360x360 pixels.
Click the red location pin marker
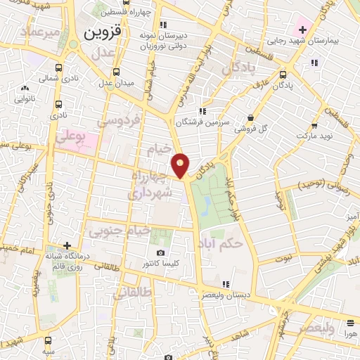pos(181,165)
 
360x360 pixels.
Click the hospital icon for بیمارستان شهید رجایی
pos(302,30)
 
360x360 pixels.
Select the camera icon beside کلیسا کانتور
pos(161,252)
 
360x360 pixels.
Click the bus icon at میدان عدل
pos(117,71)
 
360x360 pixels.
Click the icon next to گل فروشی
pos(251,117)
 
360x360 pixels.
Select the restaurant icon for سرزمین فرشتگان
pos(202,111)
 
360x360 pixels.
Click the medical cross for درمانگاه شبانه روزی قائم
pos(67,245)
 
